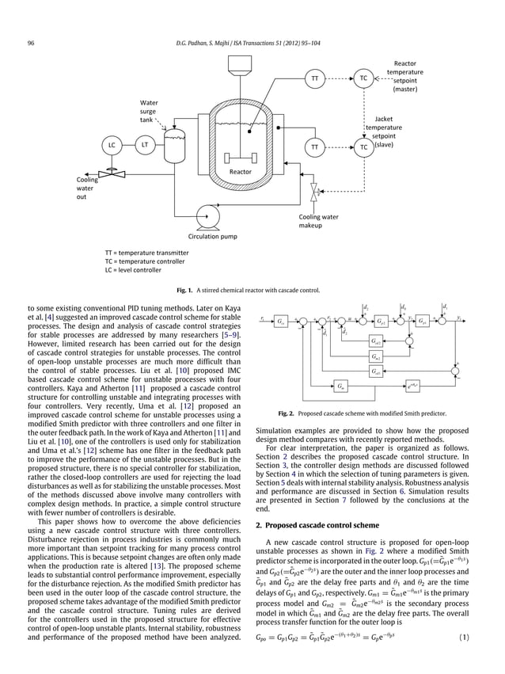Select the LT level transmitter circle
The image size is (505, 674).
click(145, 145)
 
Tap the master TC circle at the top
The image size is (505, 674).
click(363, 78)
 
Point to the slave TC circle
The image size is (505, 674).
click(363, 147)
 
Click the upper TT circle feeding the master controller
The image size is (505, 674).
click(315, 78)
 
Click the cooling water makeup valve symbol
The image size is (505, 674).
click(316, 190)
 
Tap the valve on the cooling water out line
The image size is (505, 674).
click(112, 171)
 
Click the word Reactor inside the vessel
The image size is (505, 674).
click(240, 171)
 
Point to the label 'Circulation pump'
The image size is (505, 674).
click(212, 236)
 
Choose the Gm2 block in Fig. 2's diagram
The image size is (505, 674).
click(378, 356)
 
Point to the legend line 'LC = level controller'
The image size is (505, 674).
click(127, 270)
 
